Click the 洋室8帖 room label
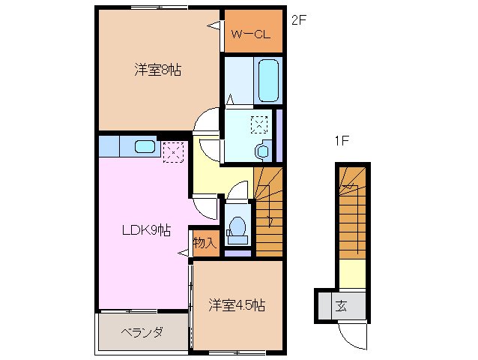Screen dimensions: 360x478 pos(158,70)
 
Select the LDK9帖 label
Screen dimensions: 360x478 pos(147,230)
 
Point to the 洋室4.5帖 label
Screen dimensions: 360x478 pos(236,305)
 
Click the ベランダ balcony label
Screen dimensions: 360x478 pos(142,332)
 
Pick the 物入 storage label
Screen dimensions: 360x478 pos(204,242)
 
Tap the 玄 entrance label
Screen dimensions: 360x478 pos(341,305)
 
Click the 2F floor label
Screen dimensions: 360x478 pos(298,21)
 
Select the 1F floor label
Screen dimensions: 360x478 pos(342,140)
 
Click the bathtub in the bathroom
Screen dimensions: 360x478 pos(267,79)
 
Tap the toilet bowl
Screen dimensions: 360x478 pos(238,226)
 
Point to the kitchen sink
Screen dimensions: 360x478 pos(145,146)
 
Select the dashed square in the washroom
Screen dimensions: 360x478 pos(258,124)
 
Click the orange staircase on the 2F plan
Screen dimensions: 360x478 pos(269,211)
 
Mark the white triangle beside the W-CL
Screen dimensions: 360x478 pos(214,27)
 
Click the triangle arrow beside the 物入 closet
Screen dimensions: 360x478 pos(183,255)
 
